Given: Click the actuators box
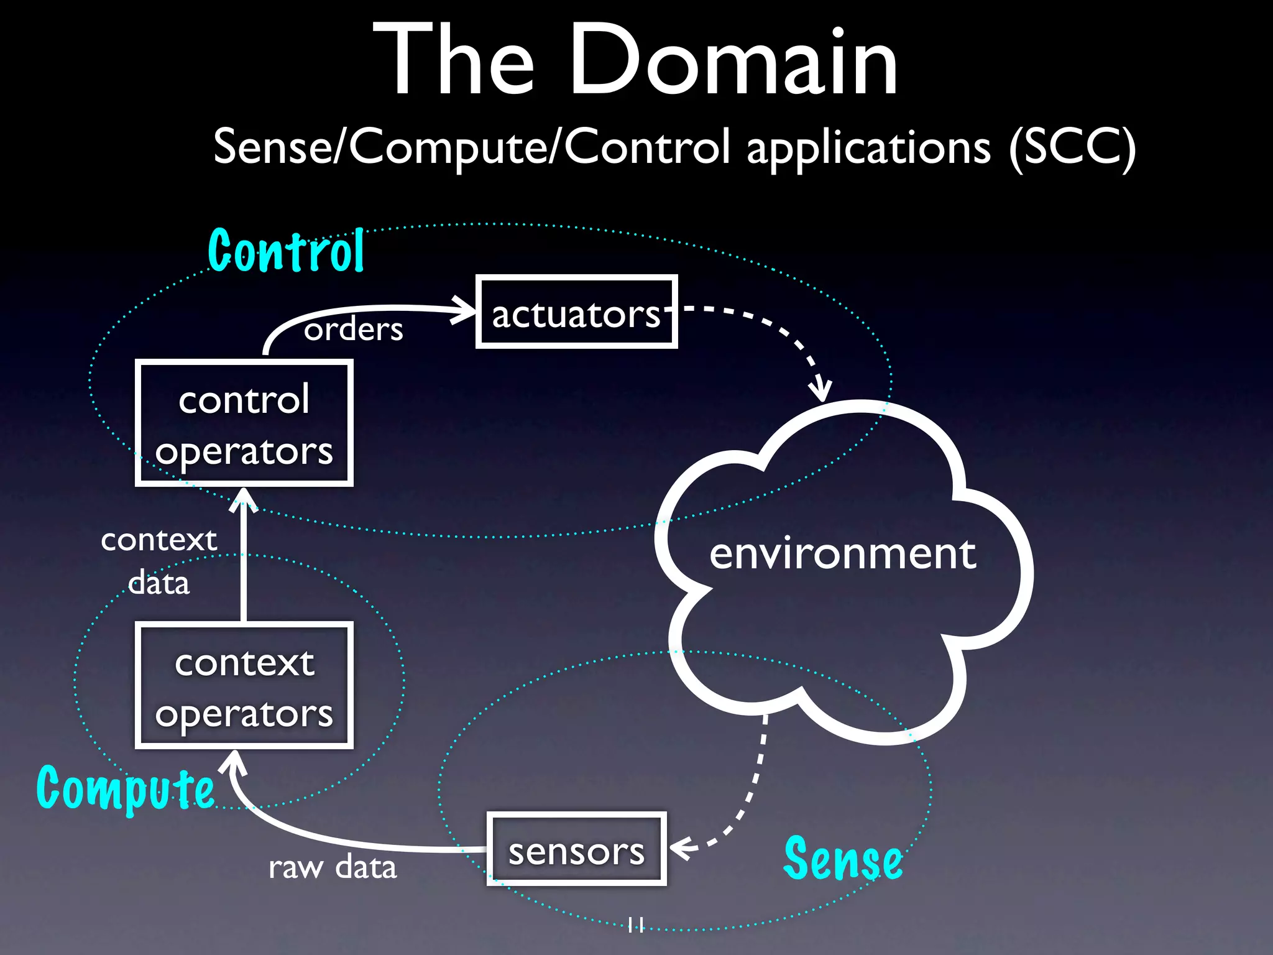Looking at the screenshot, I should point(576,311).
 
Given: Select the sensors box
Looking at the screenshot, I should point(576,849).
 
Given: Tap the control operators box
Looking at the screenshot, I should point(244,423).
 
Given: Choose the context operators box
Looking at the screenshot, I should point(244,686).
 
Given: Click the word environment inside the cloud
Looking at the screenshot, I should point(842,553).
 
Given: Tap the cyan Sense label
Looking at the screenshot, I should point(843,859).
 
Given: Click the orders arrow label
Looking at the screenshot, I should point(353,329).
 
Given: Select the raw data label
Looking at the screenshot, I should point(333,867).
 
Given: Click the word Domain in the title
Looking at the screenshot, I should point(733,60).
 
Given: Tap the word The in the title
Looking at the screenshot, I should point(454,60).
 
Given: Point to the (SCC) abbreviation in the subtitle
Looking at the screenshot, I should point(1072,148).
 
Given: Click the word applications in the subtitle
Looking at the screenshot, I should point(868,148).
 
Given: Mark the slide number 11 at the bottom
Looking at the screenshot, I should point(635,925).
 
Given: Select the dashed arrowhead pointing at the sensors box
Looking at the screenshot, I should point(680,848).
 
